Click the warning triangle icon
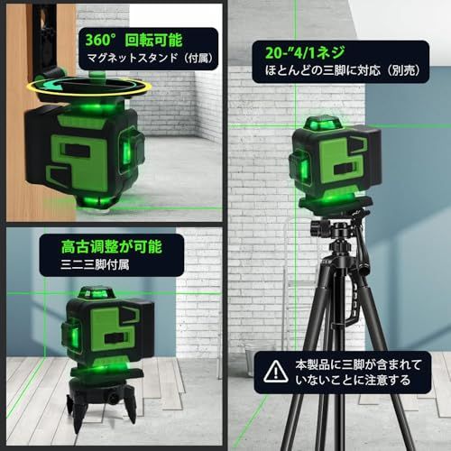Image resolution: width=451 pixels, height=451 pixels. tap(273, 371)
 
